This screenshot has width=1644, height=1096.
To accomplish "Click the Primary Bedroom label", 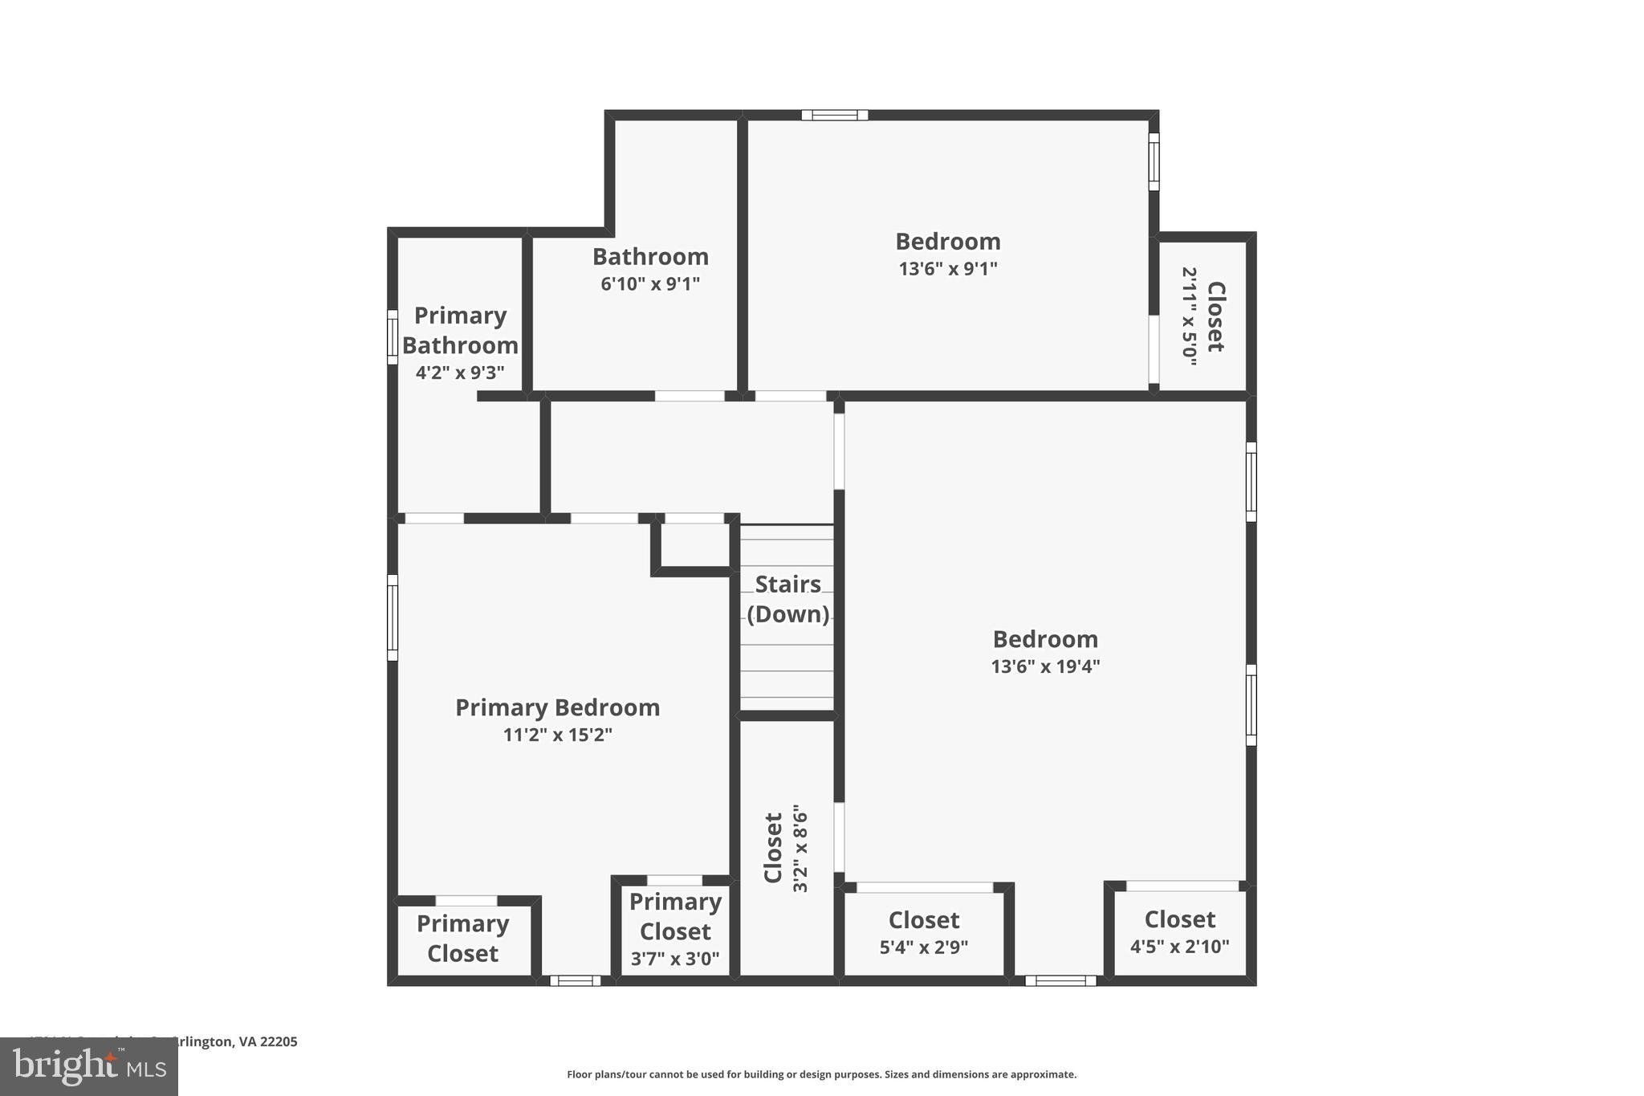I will click(x=557, y=707).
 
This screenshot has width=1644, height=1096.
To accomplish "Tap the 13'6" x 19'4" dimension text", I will click(x=1044, y=666).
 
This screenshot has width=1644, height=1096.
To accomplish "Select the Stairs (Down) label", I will click(x=787, y=599).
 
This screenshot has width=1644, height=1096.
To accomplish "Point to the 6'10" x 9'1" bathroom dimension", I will click(x=650, y=283).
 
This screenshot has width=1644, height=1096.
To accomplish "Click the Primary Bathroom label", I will click(x=460, y=330).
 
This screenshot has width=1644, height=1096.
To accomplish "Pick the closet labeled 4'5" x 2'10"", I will click(x=1179, y=932).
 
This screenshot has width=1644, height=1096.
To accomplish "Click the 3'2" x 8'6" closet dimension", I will click(x=800, y=848).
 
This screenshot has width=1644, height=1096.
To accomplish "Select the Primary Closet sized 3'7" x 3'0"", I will click(x=674, y=929).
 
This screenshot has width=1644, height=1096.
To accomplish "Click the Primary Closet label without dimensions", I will click(x=462, y=938).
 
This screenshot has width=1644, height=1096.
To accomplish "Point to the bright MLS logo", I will click(x=88, y=1066).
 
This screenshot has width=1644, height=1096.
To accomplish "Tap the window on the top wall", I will click(x=834, y=115).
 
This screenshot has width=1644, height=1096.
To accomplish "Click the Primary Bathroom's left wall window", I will click(x=393, y=337).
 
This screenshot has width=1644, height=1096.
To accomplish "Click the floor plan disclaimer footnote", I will click(x=821, y=1074).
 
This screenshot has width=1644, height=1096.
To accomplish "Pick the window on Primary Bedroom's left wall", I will click(x=393, y=617).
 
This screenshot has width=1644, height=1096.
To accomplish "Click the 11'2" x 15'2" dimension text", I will click(x=557, y=735).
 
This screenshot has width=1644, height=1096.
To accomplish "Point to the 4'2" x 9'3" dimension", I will click(x=460, y=373).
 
